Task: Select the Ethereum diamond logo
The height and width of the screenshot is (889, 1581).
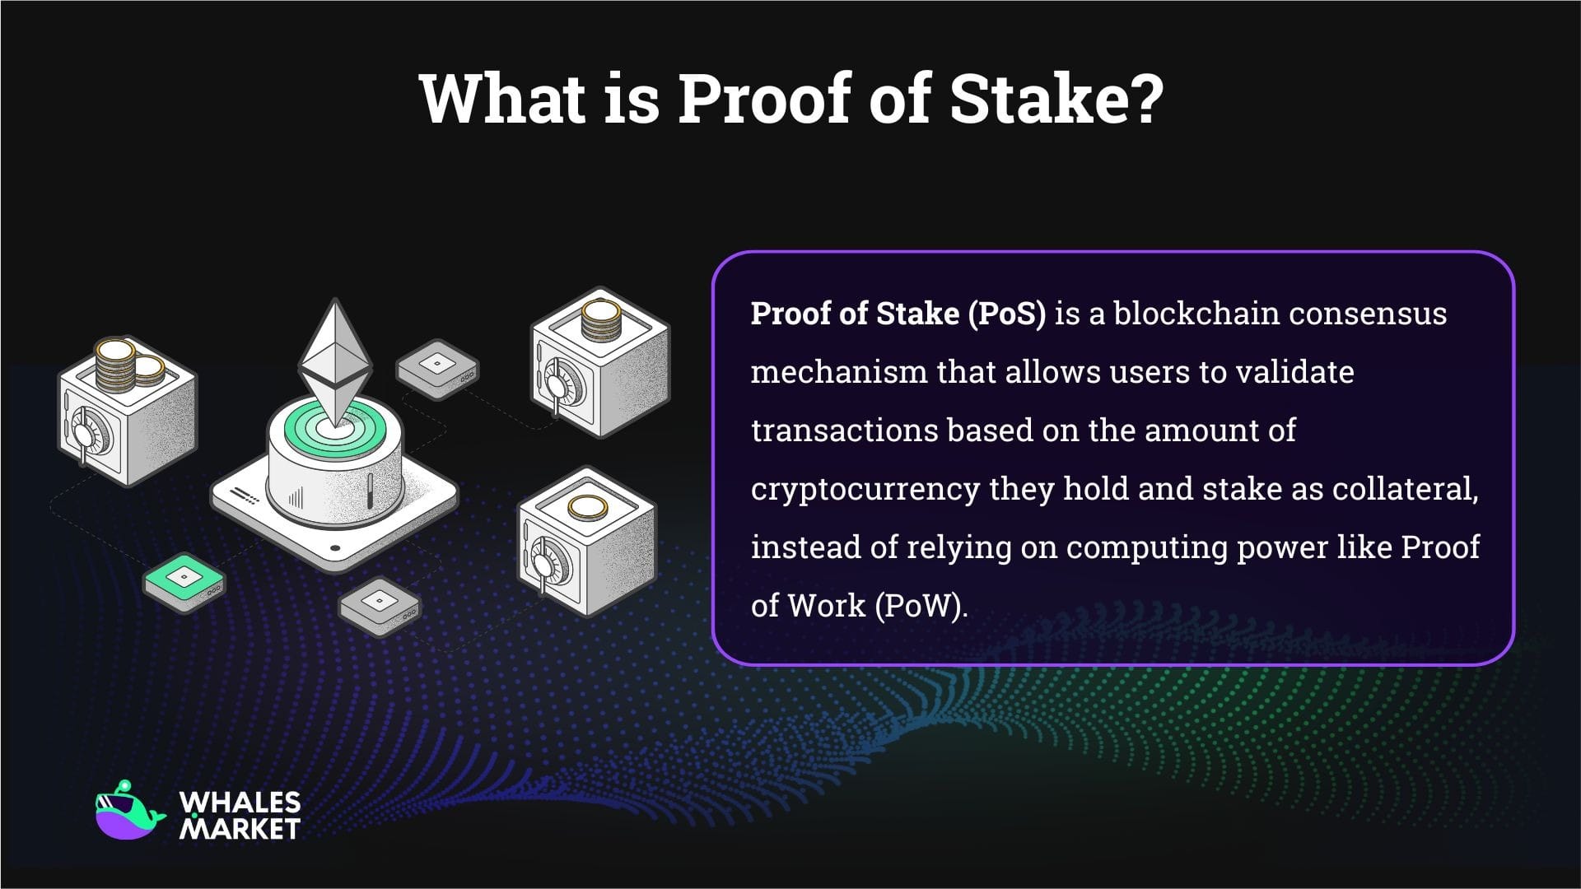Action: [335, 362]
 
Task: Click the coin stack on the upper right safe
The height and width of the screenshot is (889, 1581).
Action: [600, 321]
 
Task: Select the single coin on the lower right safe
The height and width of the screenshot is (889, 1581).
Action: [586, 508]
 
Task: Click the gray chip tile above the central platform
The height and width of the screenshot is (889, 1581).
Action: [437, 366]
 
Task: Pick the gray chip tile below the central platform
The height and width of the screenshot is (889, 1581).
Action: [380, 606]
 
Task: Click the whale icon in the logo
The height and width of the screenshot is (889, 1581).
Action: [128, 812]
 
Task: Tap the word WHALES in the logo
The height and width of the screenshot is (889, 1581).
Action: [240, 803]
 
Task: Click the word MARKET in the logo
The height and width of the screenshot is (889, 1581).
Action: [240, 828]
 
